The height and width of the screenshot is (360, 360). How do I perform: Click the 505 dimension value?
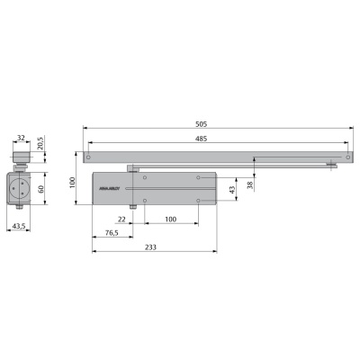pos(216,122)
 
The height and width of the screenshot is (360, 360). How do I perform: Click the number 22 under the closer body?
pos(120,219)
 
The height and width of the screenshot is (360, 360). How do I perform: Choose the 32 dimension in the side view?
pos(22,140)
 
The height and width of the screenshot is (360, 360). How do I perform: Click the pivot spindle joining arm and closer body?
pos(133,167)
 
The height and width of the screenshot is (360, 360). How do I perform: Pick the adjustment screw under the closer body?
pos(132,209)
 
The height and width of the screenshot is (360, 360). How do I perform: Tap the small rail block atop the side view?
pos(22,155)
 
